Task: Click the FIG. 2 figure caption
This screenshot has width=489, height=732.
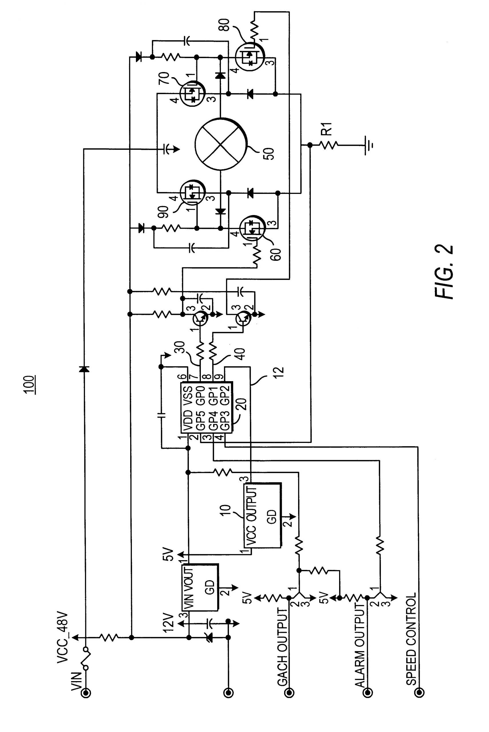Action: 443,271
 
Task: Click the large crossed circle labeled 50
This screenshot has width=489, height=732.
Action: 221,145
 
